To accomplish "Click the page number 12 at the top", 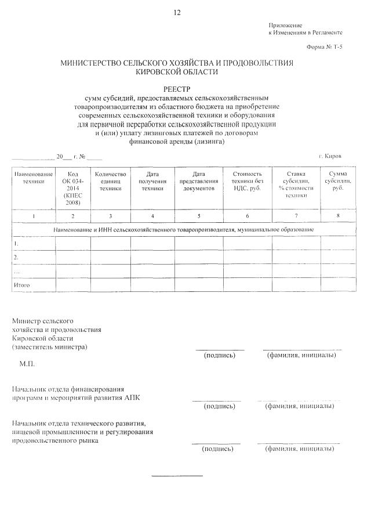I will click(177, 12).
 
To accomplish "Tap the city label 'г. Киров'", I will click(330, 157).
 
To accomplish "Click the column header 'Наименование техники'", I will click(34, 178).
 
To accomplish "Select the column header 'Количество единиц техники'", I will click(110, 181).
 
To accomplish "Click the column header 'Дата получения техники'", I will click(152, 181).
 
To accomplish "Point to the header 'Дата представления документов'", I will click(199, 181).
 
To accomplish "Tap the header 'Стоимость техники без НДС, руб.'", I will click(248, 181).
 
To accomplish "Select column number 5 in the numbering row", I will click(199, 216).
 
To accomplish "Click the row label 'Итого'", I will click(21, 285).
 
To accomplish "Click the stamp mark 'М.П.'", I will click(27, 364).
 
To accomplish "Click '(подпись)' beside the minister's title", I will click(220, 355).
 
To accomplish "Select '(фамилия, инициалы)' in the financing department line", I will click(299, 406).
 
